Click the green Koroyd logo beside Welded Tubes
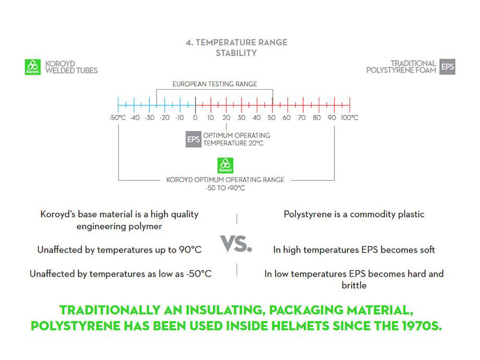click(32, 67)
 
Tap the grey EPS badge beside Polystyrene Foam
click(448, 67)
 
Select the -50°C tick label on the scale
click(117, 117)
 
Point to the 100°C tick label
click(349, 117)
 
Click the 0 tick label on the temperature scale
click(195, 117)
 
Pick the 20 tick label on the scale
click(226, 117)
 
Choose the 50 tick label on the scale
click(271, 117)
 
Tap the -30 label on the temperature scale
click(149, 117)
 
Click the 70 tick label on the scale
click(302, 117)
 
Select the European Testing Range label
click(214, 84)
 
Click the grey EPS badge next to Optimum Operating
click(194, 139)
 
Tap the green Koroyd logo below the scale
click(225, 165)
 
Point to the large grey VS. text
click(236, 244)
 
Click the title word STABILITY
click(236, 53)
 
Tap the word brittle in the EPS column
click(354, 285)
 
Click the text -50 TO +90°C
click(225, 188)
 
